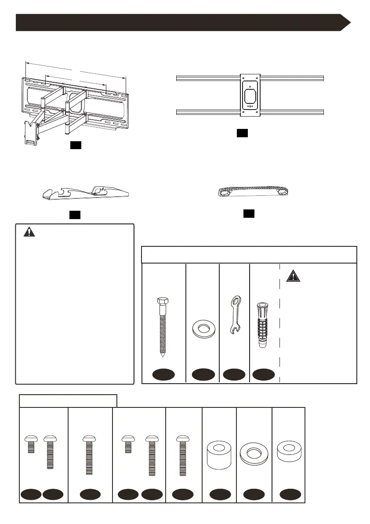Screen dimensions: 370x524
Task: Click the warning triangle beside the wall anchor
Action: click(292, 276)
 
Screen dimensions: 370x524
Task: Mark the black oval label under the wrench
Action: click(234, 375)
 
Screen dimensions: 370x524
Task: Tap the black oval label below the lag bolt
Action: click(163, 375)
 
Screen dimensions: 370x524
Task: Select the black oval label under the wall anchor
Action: click(264, 375)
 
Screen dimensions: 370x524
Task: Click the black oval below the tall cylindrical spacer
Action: click(220, 495)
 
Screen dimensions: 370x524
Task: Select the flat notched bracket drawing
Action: click(86, 193)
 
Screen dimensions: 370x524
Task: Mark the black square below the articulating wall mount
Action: click(76, 146)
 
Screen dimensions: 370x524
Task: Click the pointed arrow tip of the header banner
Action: click(350, 22)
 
